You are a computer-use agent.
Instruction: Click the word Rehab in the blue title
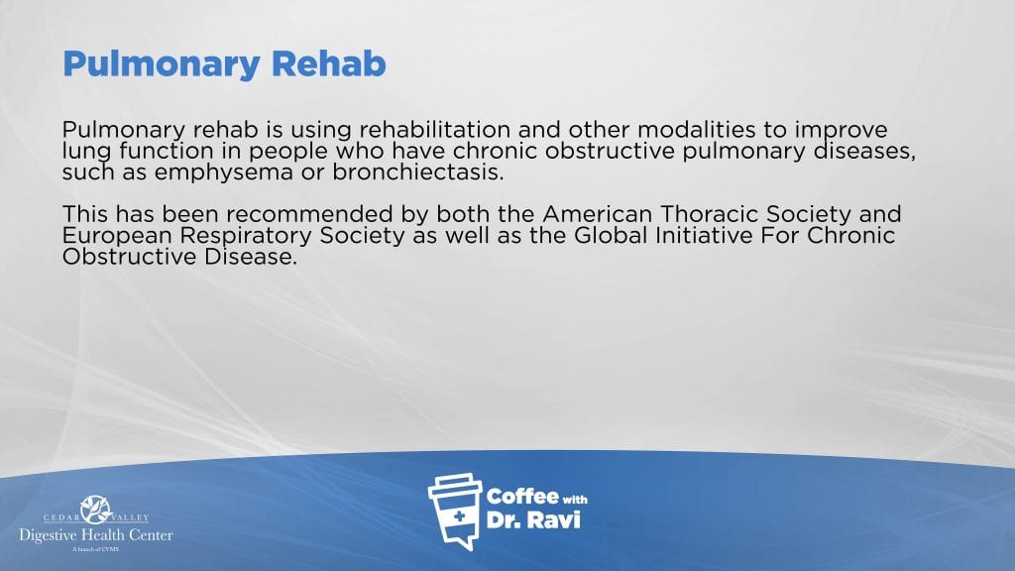click(x=328, y=63)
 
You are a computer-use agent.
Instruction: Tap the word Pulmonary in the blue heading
click(x=162, y=65)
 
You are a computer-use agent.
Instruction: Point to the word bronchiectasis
click(x=417, y=172)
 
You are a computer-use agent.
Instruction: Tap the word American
click(x=597, y=214)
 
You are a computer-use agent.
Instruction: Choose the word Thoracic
click(x=709, y=214)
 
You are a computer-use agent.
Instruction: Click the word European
click(x=117, y=236)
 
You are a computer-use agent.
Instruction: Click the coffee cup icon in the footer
click(x=456, y=512)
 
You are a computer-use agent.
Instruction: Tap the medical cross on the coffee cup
click(x=459, y=516)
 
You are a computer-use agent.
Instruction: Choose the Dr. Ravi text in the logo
click(x=532, y=519)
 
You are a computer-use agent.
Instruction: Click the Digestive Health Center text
click(x=96, y=535)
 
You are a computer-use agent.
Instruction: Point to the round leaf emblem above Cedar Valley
click(x=96, y=510)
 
